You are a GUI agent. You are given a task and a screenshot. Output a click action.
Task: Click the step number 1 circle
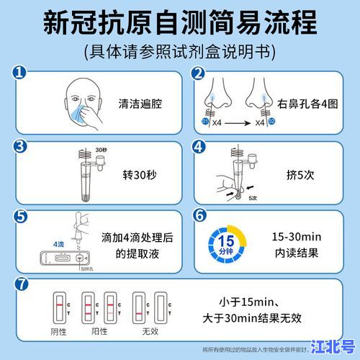(20, 74)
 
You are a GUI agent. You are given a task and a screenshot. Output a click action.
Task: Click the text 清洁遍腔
(140, 103)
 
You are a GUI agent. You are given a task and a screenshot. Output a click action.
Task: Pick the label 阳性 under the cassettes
(99, 332)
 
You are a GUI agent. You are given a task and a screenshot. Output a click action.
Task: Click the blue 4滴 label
(41, 244)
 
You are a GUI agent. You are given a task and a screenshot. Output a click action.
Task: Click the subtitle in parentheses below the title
(180, 52)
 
